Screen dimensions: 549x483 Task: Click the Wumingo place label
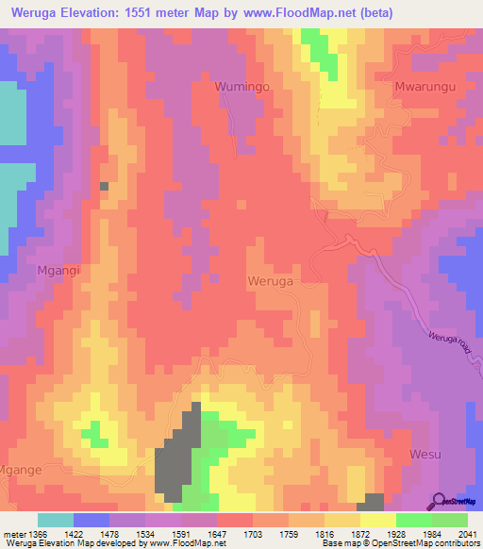tap(243, 85)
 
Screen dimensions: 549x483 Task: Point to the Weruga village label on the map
tap(270, 281)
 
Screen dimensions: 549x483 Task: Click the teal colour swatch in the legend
tap(56, 520)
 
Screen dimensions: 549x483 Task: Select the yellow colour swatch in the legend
tap(377, 520)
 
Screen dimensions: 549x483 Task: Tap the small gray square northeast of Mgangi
tap(104, 187)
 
